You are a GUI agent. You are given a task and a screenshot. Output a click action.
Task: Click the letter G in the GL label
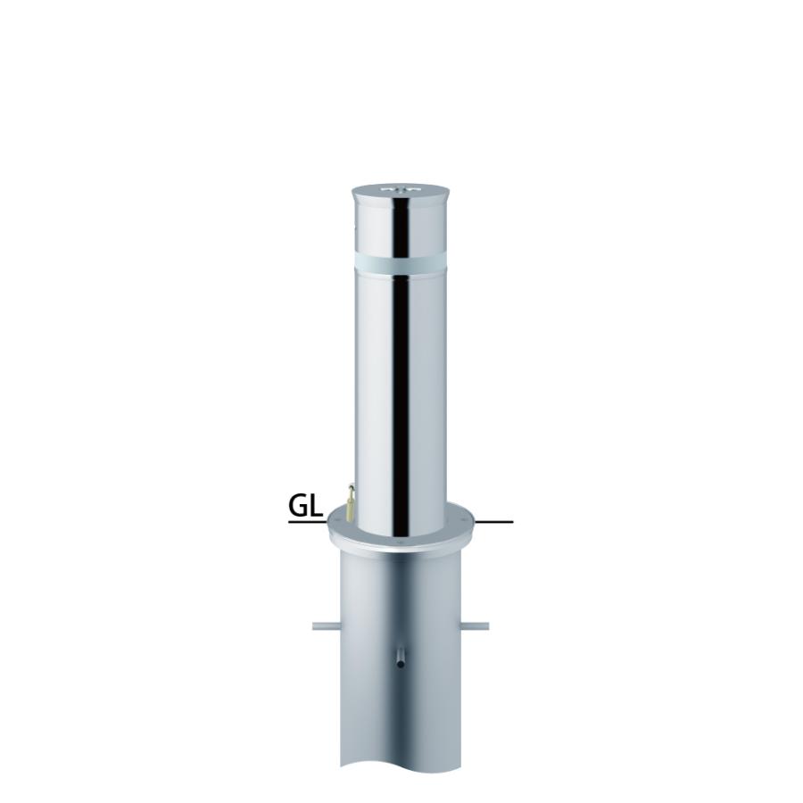click(x=299, y=506)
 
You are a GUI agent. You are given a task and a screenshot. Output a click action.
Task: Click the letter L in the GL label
click(x=317, y=506)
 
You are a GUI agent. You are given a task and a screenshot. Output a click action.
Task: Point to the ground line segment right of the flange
click(x=493, y=522)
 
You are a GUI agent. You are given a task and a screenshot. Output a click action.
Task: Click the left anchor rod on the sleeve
click(x=327, y=625)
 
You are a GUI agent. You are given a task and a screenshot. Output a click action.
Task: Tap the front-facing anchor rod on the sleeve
click(x=401, y=658)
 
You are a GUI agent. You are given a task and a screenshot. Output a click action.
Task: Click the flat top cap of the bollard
click(x=400, y=190)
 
